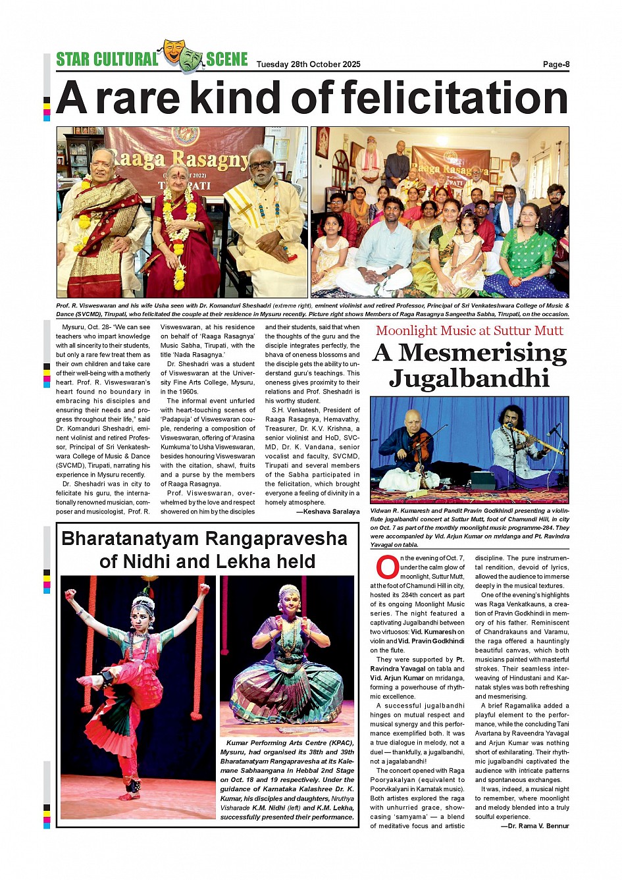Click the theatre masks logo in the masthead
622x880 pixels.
182,55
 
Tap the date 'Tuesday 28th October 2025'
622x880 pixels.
308,65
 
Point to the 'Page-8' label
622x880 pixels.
556,65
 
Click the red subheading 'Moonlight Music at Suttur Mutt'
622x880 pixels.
469,330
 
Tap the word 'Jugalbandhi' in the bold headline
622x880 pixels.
469,378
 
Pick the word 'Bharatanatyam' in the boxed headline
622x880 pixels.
132,538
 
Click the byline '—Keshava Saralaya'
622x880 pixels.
328,511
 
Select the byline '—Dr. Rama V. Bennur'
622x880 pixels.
534,825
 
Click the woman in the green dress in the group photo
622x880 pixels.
525,253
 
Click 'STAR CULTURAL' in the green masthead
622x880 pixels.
107,59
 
